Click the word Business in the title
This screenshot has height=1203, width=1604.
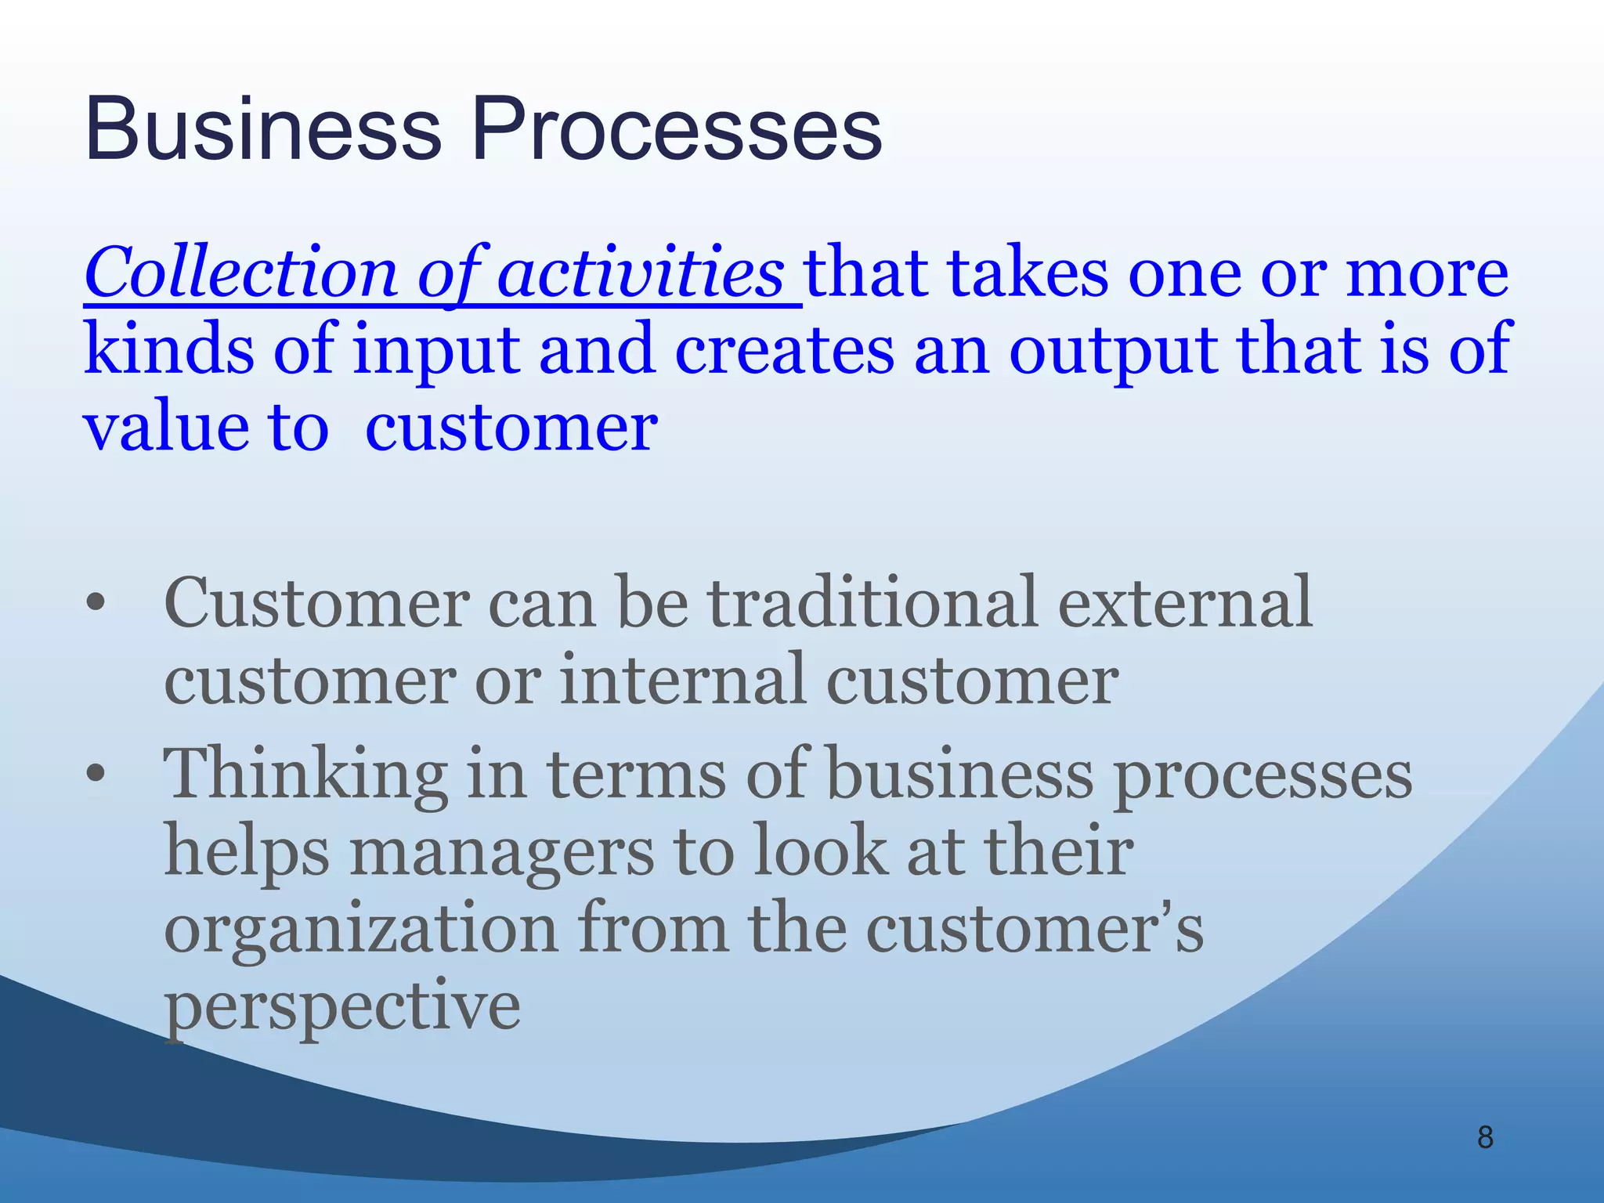coord(263,129)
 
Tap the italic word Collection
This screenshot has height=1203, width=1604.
coord(241,273)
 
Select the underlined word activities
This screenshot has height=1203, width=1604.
coord(640,273)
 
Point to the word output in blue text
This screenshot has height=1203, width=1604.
coord(1111,350)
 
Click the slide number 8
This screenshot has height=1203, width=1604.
coord(1485,1137)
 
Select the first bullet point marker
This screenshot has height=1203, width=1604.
coord(96,604)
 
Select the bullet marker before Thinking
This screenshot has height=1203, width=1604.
coord(96,775)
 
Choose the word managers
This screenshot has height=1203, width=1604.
coord(501,852)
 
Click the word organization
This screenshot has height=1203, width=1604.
coord(360,929)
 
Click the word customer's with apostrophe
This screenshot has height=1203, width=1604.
coord(1034,929)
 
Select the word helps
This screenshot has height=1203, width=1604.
coord(247,852)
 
